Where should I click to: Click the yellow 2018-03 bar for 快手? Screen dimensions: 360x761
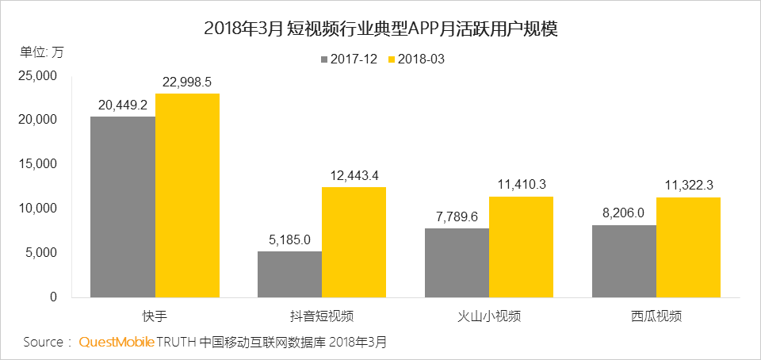[187, 195]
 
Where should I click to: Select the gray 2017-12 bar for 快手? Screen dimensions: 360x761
[123, 207]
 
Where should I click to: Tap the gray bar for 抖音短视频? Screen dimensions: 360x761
[289, 274]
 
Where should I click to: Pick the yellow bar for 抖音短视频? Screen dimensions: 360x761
[354, 242]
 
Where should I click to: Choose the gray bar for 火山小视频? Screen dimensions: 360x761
[457, 262]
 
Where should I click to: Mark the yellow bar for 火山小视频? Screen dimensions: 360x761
[521, 247]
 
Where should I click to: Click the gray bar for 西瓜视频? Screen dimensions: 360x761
[624, 261]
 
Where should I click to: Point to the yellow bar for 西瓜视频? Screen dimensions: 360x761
[688, 247]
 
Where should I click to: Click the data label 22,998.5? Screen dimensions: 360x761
[187, 82]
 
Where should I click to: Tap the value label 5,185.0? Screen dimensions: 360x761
[289, 239]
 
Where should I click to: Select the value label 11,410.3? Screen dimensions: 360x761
[521, 185]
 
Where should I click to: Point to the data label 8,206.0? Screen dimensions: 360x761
[624, 213]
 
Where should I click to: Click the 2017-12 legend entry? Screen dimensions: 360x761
[349, 59]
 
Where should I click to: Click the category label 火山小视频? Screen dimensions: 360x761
[488, 316]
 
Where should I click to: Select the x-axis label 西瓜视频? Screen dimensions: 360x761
[656, 316]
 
